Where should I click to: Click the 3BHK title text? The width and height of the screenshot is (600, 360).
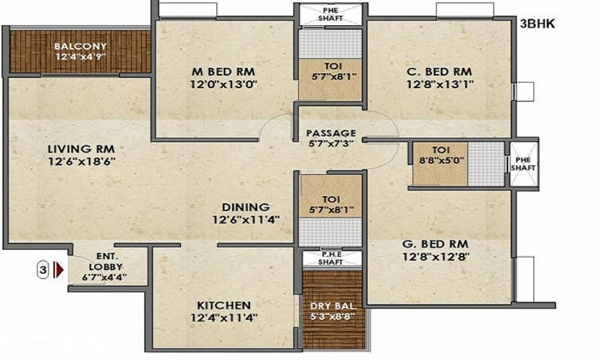(x=537, y=24)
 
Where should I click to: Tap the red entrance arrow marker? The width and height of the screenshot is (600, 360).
(x=59, y=270)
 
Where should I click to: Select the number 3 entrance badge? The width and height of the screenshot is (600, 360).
(x=43, y=270)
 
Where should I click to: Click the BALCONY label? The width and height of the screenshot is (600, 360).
(x=80, y=46)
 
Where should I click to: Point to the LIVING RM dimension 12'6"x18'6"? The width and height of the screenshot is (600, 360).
(x=82, y=161)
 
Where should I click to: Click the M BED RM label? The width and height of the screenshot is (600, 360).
(x=223, y=71)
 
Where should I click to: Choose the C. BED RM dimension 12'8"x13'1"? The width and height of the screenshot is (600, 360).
(x=440, y=84)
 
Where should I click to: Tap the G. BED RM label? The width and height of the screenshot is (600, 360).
(x=435, y=244)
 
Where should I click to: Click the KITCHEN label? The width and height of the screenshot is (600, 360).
(x=224, y=305)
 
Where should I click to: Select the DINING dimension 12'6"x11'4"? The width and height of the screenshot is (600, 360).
(x=245, y=220)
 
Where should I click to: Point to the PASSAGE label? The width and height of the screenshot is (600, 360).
(x=331, y=133)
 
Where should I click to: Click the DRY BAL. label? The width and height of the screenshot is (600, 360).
(x=333, y=307)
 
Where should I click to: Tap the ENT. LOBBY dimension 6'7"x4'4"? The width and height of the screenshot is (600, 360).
(x=104, y=277)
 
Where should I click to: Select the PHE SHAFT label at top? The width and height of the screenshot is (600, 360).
(x=330, y=14)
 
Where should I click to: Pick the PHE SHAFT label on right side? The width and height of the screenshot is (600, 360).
(x=523, y=164)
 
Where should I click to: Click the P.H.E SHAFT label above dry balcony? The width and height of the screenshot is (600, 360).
(x=331, y=259)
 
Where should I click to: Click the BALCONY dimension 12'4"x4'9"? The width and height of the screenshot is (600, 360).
(x=80, y=57)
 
